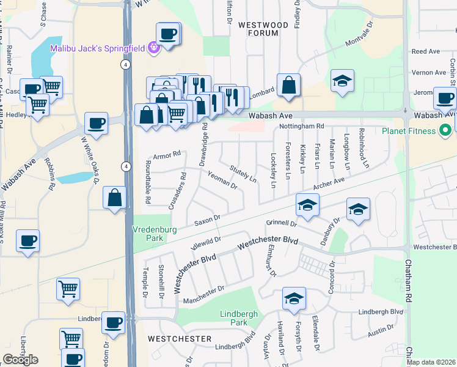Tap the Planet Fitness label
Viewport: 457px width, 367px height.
point(409,131)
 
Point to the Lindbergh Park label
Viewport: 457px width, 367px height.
point(233,318)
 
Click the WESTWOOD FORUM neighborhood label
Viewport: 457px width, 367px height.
point(263,29)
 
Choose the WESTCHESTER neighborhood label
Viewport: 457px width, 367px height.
point(180,338)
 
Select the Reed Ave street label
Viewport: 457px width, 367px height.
point(426,52)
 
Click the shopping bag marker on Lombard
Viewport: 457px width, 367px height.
point(288,86)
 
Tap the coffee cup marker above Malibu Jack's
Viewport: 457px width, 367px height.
point(167,33)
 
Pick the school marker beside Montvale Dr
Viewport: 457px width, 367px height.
point(343,81)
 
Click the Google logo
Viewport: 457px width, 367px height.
point(20,360)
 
